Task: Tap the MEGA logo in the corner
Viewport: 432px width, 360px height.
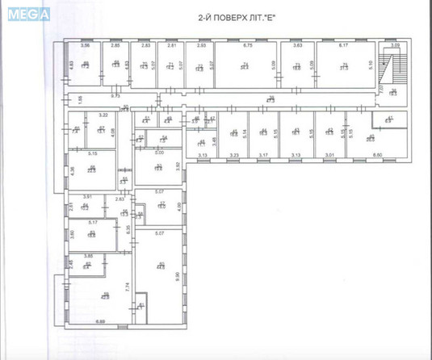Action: click(30, 13)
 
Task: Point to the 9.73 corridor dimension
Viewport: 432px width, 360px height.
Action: click(115, 96)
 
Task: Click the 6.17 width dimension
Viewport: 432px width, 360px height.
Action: click(342, 46)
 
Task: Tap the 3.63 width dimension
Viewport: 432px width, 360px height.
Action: click(297, 46)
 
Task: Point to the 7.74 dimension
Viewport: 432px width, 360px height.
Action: click(128, 285)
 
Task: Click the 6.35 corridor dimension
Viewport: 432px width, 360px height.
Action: click(128, 228)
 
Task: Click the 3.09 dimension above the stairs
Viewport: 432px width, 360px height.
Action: click(396, 46)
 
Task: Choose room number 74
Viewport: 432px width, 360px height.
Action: click(243, 65)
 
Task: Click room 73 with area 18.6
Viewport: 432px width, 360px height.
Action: click(297, 66)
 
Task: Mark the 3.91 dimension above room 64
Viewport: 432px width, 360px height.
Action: click(89, 197)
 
